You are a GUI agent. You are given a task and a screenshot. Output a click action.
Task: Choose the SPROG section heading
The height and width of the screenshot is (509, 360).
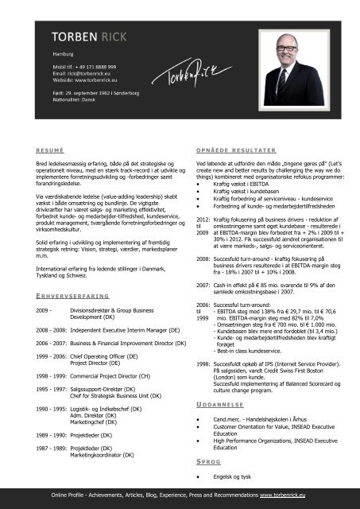point(207,461)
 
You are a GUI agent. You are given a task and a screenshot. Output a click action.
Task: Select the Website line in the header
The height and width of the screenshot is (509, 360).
point(77,80)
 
